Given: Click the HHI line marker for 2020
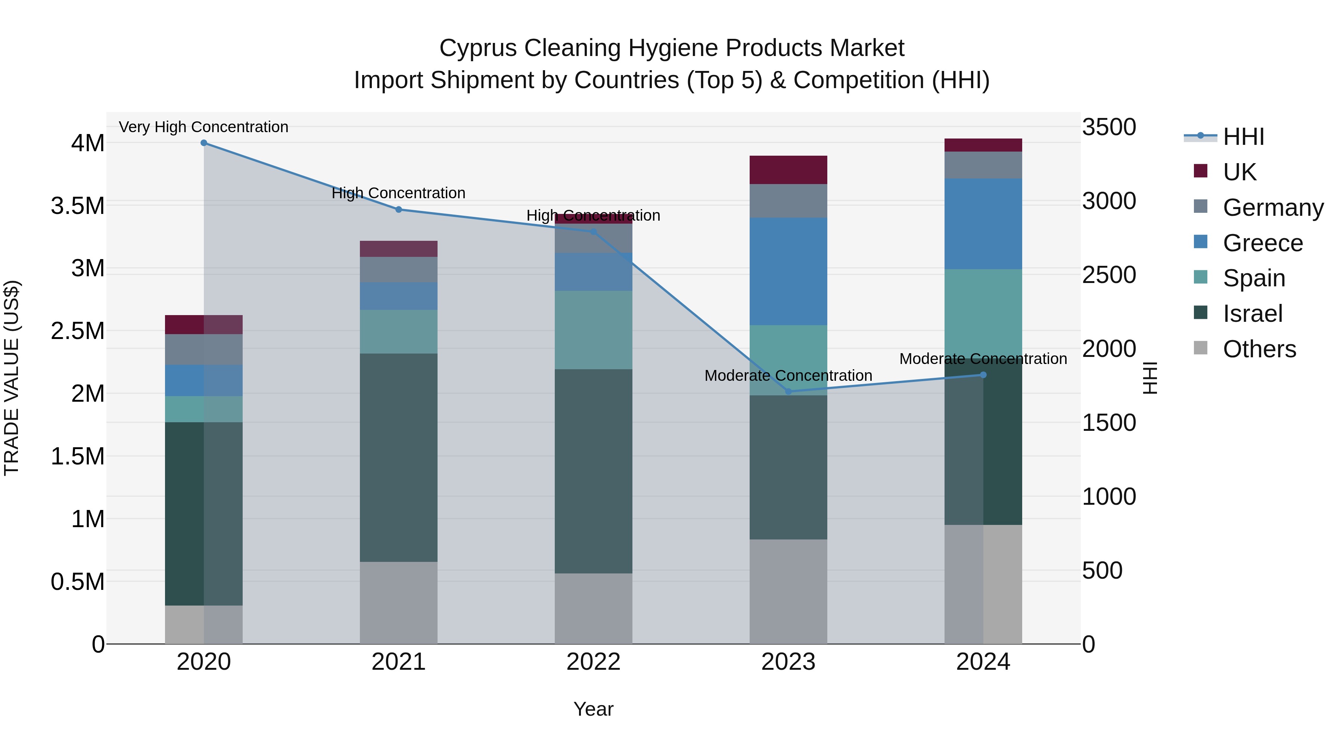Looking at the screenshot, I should pos(204,143).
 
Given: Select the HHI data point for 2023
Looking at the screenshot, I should pos(788,391).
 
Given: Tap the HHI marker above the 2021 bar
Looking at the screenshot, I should pos(399,209).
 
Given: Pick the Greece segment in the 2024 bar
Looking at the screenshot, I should pos(983,224).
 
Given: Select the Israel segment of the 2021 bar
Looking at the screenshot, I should pos(399,458).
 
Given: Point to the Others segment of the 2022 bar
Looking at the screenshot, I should pos(593,609).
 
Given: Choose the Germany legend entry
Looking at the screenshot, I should pos(1273,207).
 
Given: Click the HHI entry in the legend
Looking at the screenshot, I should pos(1243,137).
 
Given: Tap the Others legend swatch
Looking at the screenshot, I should pos(1201,348).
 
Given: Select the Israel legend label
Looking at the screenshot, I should pos(1252,314).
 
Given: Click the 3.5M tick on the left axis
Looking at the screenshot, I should pos(77,206).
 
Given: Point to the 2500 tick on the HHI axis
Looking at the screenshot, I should pos(1109,275).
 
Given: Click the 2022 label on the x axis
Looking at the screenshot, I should pos(593,662).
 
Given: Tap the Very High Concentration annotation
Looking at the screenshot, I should pos(203,127).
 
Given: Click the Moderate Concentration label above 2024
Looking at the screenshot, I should pos(983,359).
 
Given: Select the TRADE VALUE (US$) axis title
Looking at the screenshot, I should pos(12,378).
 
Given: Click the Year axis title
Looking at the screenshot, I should pos(593,709).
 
